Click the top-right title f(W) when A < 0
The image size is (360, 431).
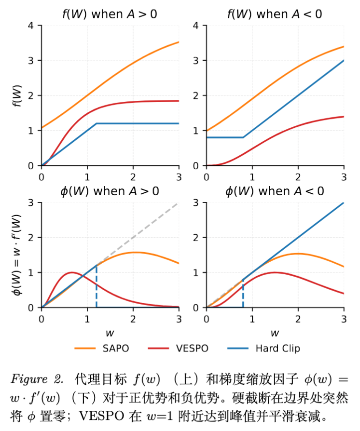(x=275, y=14)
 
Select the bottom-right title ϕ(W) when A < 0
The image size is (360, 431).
(x=275, y=191)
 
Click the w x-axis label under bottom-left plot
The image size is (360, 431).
(x=110, y=332)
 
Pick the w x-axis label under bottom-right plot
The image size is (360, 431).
(x=275, y=332)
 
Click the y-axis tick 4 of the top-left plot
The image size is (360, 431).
(x=31, y=26)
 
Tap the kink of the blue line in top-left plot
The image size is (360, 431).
(x=97, y=123)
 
